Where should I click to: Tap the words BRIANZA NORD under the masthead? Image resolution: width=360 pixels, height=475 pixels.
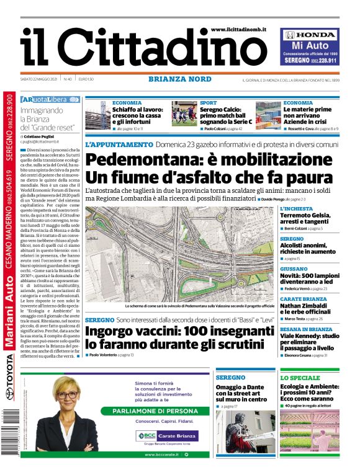[179, 79]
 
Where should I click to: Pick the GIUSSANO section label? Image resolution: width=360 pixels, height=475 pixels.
[294, 269]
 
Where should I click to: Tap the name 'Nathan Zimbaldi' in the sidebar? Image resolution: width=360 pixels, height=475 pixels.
[308, 305]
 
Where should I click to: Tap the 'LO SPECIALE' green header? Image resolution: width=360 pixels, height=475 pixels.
[300, 378]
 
